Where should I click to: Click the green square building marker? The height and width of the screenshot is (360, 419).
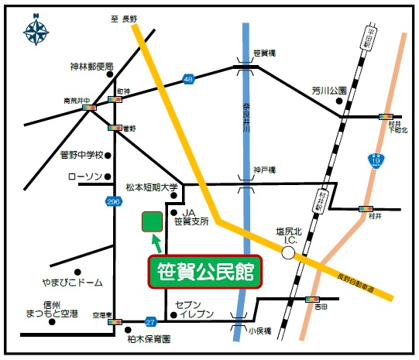(x=151, y=221)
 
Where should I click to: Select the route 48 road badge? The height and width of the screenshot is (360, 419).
(x=187, y=78)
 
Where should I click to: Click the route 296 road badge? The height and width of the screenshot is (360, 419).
(x=115, y=201)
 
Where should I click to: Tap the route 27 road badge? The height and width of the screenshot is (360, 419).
(x=150, y=321)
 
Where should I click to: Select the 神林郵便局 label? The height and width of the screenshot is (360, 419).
(x=91, y=67)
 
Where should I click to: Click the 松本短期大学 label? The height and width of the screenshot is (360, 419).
(x=152, y=187)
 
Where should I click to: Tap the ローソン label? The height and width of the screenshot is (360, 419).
(x=85, y=177)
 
